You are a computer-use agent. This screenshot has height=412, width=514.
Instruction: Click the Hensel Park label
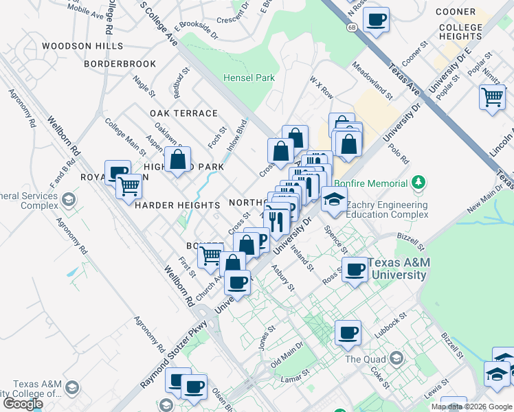[x=249, y=78]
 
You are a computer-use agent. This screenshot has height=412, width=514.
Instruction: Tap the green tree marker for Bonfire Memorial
[x=418, y=183]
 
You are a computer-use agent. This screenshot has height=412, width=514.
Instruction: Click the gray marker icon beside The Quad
[x=396, y=358]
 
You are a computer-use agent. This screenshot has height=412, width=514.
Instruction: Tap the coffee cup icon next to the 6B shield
[x=375, y=20]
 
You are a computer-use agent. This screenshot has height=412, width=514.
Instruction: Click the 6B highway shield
[x=353, y=27]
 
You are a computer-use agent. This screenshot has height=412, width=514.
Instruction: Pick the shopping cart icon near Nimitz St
[x=493, y=98]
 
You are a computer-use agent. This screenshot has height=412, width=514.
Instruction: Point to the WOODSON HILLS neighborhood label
[x=82, y=46]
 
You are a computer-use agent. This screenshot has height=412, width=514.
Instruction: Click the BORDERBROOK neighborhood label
[x=120, y=64]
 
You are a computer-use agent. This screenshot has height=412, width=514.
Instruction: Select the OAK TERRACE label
[x=183, y=113]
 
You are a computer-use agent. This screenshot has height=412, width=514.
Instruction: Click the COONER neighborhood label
[x=456, y=12]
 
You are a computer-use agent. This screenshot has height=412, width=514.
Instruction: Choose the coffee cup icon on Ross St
[x=355, y=268]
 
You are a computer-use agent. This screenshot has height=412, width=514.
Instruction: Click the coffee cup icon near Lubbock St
[x=348, y=333]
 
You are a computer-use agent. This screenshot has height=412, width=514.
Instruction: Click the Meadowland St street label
[x=371, y=81]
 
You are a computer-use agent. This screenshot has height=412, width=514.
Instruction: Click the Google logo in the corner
[x=23, y=403]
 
